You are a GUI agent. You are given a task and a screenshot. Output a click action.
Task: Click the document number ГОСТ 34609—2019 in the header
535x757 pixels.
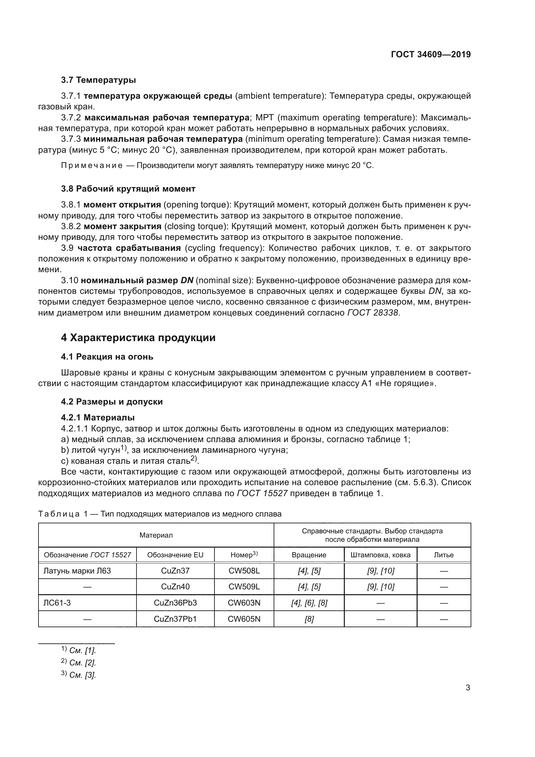[x=431, y=54]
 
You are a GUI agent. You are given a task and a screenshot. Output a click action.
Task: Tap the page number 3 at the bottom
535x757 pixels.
[x=468, y=688]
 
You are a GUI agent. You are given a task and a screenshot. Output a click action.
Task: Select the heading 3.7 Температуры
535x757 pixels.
[x=99, y=80]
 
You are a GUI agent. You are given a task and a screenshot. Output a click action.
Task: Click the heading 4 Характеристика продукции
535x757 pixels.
[x=138, y=338]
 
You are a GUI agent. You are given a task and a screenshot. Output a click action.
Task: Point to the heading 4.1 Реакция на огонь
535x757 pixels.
[x=107, y=357]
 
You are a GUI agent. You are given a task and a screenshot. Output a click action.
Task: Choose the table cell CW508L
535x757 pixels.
[x=244, y=571]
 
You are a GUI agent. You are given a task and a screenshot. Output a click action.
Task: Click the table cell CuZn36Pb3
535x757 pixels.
[x=175, y=603]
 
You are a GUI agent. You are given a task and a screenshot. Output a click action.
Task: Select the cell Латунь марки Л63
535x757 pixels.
[x=77, y=571]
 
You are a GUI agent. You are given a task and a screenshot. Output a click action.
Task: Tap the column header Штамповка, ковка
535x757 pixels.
[x=380, y=555]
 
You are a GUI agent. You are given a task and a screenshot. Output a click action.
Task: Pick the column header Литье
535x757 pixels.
[x=444, y=555]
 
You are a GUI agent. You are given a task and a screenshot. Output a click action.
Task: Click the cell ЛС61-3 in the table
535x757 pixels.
[x=57, y=603]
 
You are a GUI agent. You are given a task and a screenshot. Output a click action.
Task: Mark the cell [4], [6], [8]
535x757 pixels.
[x=309, y=603]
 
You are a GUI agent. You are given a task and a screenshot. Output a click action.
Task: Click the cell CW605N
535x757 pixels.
[x=244, y=619]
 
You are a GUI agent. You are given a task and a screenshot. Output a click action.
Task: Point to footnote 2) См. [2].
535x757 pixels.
[x=79, y=663]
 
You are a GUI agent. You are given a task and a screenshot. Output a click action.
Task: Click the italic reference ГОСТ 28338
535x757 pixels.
[x=373, y=313]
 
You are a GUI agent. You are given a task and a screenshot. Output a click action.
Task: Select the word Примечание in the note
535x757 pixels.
[x=92, y=165]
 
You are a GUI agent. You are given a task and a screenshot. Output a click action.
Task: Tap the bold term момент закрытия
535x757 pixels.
[x=123, y=227]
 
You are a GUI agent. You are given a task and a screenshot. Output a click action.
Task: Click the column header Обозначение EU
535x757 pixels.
[x=175, y=555]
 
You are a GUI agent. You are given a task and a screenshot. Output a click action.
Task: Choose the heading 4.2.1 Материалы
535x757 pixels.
[x=98, y=418]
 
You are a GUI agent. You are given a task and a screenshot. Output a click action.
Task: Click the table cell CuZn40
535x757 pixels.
[x=175, y=587]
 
